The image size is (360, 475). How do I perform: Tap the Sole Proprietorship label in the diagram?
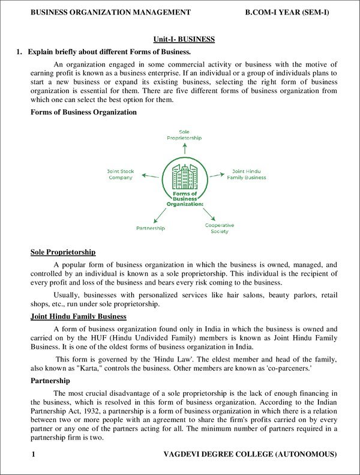click(184, 135)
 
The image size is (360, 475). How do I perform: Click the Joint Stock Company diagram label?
click(121, 174)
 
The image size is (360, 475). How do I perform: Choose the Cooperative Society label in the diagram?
click(220, 228)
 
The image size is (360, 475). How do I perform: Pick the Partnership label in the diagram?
click(151, 228)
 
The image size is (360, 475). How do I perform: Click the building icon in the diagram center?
click(184, 174)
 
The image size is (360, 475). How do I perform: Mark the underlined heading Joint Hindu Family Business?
click(78, 316)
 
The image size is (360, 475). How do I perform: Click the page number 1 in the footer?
click(34, 455)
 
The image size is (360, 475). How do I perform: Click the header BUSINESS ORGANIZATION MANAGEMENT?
click(111, 12)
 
